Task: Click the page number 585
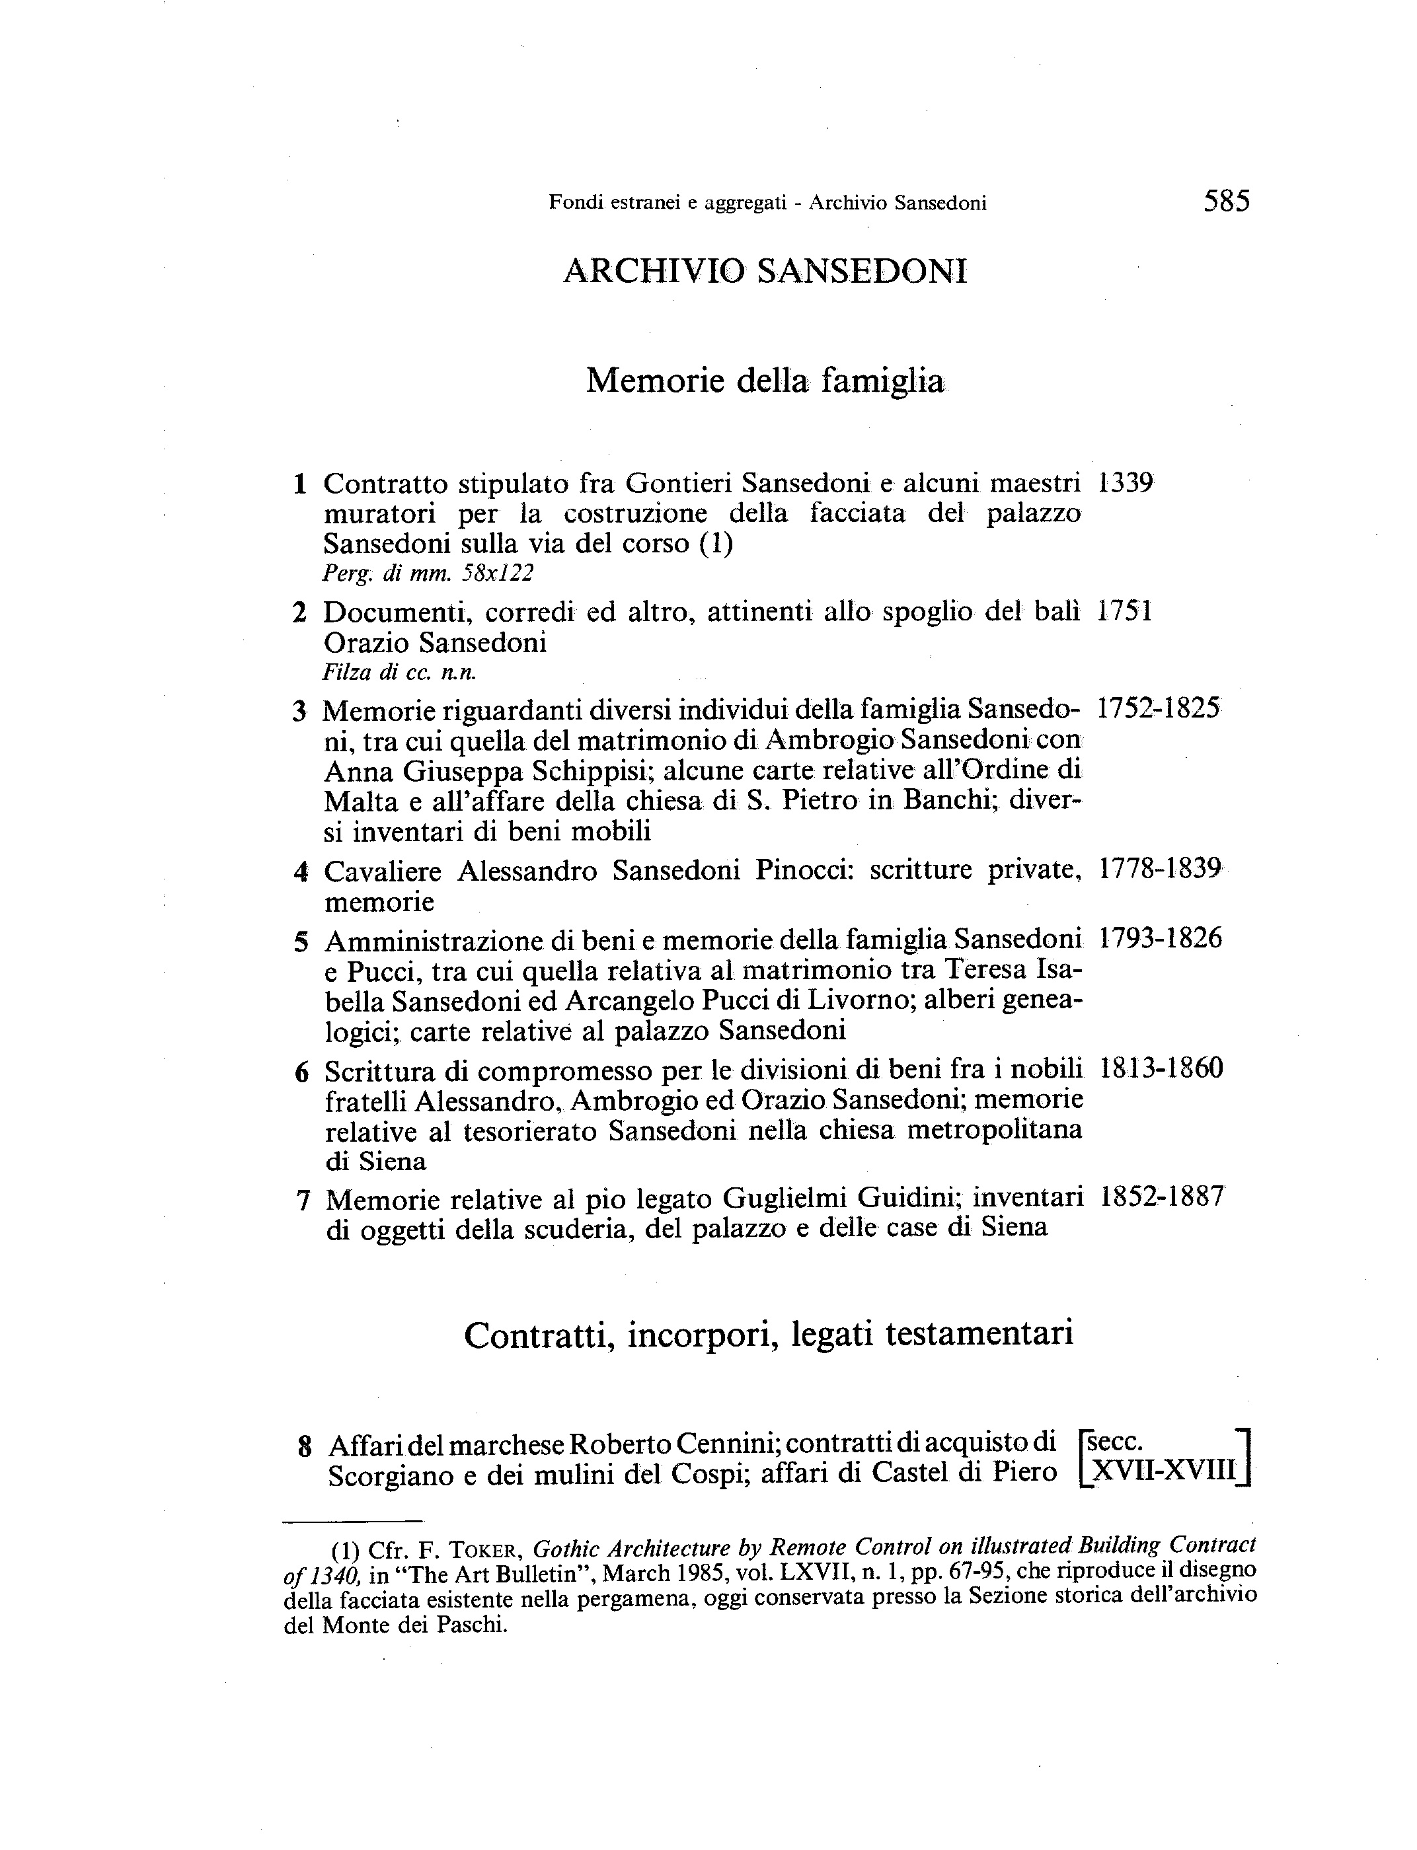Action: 1227,202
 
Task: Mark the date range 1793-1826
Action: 1161,938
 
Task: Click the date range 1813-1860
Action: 1161,1068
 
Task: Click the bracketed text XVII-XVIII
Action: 1164,1471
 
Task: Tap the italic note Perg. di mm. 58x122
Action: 428,574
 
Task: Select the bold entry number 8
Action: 305,1448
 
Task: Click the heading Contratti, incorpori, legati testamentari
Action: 769,1335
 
